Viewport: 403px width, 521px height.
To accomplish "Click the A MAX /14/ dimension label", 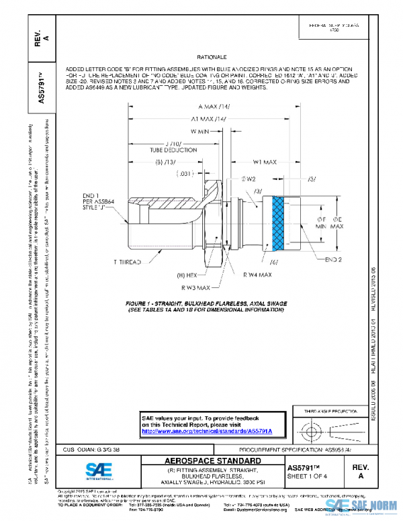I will pos(216,107).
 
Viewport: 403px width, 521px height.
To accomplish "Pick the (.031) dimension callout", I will pos(185,175).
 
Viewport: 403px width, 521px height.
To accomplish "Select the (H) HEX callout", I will pos(187,275).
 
